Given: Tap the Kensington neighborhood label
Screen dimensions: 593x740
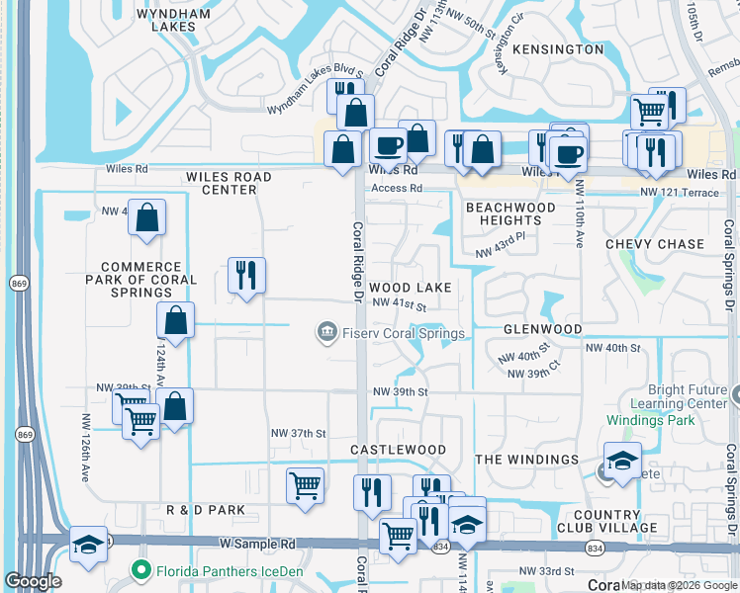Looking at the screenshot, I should [x=558, y=48].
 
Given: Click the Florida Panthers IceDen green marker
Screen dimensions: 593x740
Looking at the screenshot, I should [x=142, y=570].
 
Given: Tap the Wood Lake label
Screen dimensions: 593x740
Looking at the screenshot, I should [x=411, y=288].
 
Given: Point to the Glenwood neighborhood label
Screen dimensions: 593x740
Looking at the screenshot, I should [x=542, y=329].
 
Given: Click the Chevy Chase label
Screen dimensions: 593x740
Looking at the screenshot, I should [x=655, y=244].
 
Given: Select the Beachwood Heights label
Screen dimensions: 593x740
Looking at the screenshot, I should [x=510, y=213].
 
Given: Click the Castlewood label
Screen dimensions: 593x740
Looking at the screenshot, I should [x=399, y=450].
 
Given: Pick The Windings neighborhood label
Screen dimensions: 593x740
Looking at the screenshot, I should [x=526, y=460].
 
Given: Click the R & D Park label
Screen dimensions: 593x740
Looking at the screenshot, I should [x=205, y=510].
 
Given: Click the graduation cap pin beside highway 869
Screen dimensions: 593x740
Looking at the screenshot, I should [x=89, y=545].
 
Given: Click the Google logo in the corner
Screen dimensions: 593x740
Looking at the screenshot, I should [x=33, y=581].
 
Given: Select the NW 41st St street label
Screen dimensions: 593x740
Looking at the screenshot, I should [x=399, y=305].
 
